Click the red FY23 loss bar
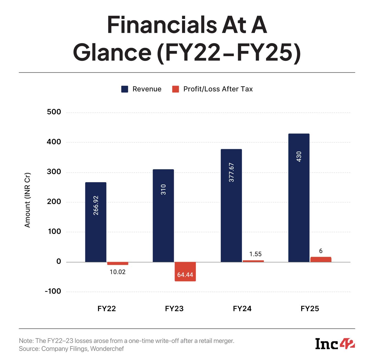185,271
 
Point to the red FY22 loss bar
118,263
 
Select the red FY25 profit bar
321,259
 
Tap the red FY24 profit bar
253,261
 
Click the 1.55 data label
255,254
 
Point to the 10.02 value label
118,272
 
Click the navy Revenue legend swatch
125,89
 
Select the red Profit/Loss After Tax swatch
175,89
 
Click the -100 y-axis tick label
53,291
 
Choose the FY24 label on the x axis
242,309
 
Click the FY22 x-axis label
107,309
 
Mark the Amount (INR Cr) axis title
27,200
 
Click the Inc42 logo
335,344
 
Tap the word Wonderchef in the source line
107,349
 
